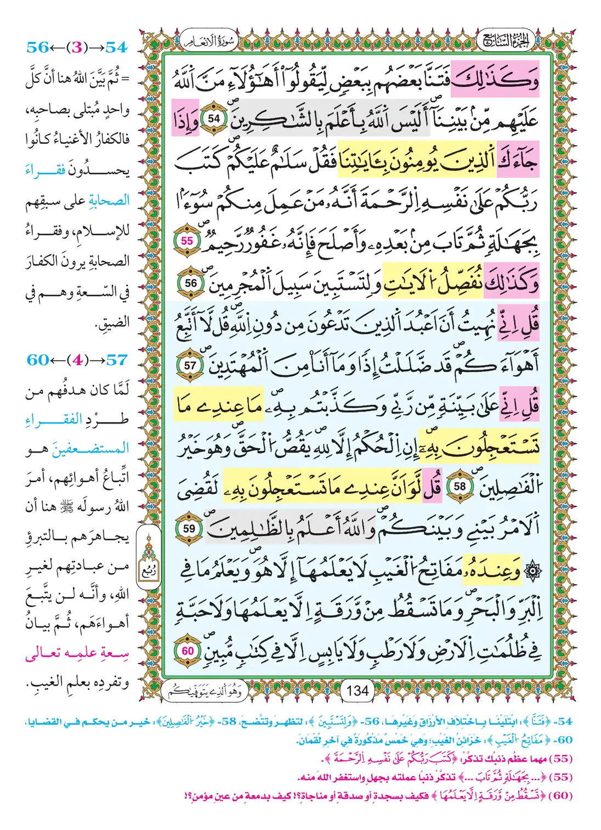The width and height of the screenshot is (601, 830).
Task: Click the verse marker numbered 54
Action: (213, 118)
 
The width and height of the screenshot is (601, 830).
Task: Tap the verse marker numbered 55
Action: (187, 241)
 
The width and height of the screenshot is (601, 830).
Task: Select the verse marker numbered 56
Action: (191, 283)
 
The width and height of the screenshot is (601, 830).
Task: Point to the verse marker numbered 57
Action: (190, 365)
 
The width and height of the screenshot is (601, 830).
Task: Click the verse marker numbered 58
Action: (460, 487)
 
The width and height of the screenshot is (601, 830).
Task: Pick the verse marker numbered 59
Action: (189, 529)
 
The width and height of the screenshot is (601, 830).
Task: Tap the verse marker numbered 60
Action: (188, 651)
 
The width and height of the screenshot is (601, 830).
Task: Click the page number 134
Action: (358, 691)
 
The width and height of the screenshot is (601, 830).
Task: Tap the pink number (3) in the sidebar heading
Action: (77, 48)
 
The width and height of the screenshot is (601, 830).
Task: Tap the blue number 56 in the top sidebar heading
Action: (38, 48)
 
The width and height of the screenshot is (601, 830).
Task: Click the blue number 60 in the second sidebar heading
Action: (38, 360)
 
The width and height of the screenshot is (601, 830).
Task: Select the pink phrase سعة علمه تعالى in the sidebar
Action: (77, 653)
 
